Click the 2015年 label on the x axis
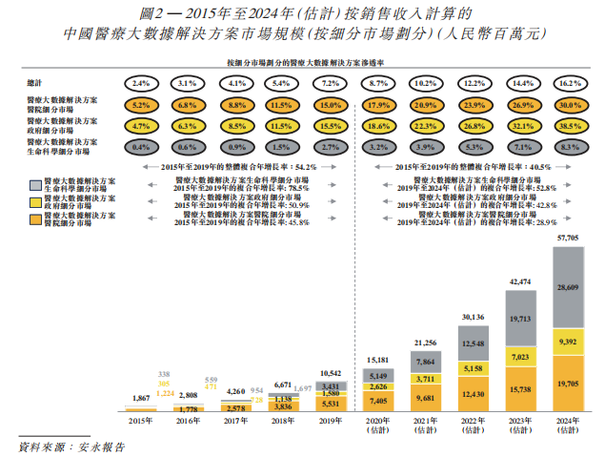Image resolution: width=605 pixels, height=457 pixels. (139, 420)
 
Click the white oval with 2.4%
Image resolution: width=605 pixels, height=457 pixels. (141, 83)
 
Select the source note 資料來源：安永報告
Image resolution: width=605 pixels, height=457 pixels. (72, 446)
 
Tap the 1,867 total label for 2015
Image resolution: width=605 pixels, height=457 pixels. (140, 398)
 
